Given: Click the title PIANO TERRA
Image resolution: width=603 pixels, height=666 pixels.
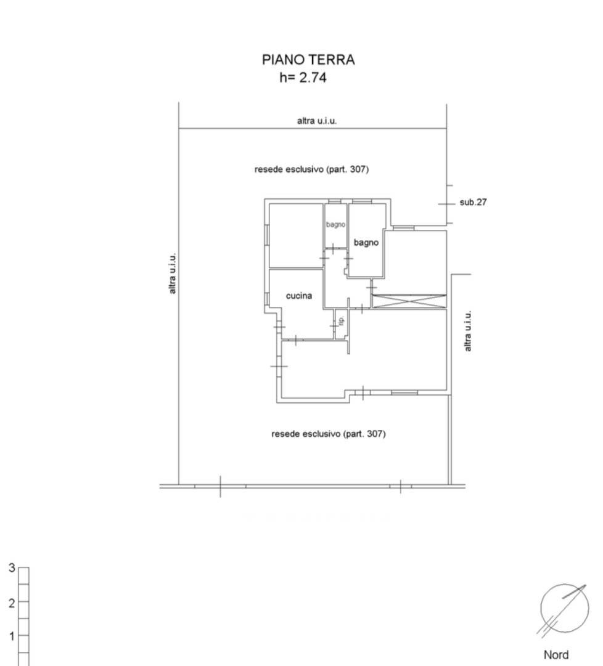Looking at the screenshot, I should (x=308, y=60).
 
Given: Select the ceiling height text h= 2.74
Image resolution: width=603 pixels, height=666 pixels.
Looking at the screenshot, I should (x=303, y=78).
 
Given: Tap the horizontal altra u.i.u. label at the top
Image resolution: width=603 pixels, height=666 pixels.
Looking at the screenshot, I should (x=317, y=121).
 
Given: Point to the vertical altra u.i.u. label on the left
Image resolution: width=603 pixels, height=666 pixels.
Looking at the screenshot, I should (x=173, y=273).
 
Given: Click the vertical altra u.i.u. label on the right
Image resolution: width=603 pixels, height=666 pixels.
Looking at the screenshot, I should (x=468, y=331).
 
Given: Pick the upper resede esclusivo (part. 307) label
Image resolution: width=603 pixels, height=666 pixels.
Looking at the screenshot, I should (x=311, y=169).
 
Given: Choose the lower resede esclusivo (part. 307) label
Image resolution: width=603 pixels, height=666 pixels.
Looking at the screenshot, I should (x=328, y=434).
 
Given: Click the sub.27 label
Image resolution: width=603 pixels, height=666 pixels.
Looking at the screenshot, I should (x=474, y=202).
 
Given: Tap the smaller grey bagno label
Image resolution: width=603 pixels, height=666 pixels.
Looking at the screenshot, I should (x=335, y=225).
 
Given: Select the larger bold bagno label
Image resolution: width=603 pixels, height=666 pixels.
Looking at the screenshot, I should (x=366, y=243).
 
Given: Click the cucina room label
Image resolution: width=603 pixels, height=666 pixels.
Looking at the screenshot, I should (x=299, y=296).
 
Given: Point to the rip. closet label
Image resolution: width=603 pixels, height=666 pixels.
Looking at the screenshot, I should (x=340, y=320).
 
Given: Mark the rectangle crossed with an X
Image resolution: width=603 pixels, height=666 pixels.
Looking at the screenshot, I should (x=408, y=301).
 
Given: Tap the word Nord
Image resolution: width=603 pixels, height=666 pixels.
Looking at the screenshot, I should (x=556, y=655).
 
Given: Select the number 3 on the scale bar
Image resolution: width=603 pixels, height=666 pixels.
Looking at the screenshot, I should (x=12, y=568).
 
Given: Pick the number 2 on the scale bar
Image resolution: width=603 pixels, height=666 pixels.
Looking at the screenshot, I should (x=12, y=603).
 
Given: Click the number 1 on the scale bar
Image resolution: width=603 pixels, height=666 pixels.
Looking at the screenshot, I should (x=12, y=636).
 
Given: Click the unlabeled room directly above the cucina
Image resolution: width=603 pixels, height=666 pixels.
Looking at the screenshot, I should (x=297, y=235).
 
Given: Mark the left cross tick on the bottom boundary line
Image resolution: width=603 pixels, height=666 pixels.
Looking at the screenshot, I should (x=220, y=486).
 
